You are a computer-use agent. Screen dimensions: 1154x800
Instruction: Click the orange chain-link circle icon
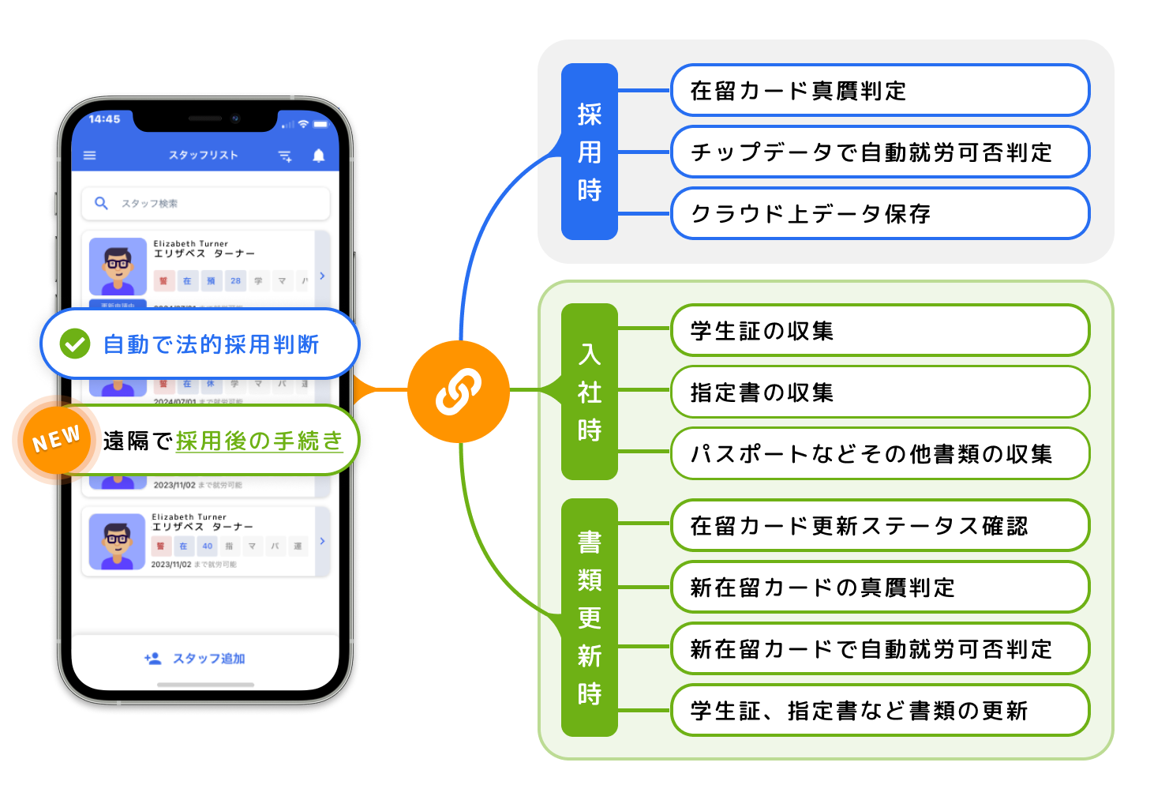(458, 391)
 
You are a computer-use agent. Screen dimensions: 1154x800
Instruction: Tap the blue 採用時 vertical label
(589, 152)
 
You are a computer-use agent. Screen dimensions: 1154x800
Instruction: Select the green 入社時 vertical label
(589, 392)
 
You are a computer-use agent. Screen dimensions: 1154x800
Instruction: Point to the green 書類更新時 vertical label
(589, 618)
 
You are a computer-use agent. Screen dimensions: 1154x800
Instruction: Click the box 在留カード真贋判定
(879, 91)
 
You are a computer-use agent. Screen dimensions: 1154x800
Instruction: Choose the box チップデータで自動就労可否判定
(879, 152)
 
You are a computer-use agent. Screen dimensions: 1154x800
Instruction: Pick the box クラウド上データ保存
(879, 214)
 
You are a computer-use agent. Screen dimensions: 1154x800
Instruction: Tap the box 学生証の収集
(879, 331)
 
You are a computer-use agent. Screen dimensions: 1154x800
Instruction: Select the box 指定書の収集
(879, 392)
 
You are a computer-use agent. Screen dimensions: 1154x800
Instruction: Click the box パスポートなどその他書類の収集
(879, 454)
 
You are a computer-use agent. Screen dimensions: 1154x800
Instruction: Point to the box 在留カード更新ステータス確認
(879, 526)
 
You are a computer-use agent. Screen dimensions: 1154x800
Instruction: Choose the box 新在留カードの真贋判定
(879, 588)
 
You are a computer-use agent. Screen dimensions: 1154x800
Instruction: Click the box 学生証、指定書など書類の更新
(879, 711)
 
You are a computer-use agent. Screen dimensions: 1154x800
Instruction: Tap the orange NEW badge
(57, 440)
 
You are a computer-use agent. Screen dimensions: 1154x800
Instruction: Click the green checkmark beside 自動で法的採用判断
(75, 344)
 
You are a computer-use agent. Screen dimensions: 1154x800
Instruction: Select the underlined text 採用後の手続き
(259, 441)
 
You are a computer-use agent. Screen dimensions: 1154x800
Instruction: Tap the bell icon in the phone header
(318, 156)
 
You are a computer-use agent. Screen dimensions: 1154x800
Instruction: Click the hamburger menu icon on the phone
(90, 156)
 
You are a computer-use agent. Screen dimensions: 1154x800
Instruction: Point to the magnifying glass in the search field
(101, 203)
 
